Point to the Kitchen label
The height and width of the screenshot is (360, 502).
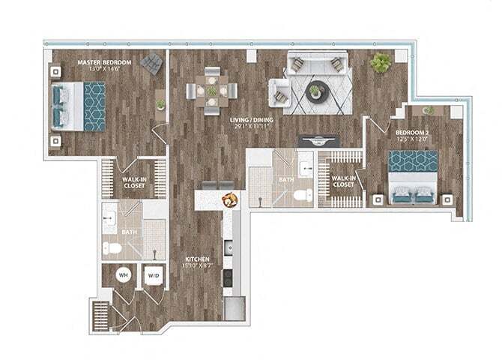point(198,262)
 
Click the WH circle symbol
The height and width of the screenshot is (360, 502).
point(123,276)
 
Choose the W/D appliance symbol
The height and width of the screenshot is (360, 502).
point(153,276)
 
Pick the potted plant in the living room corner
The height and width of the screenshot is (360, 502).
point(381,62)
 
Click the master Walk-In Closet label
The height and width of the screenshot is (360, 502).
point(133,182)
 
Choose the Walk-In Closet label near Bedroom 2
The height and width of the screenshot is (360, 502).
point(343,181)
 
